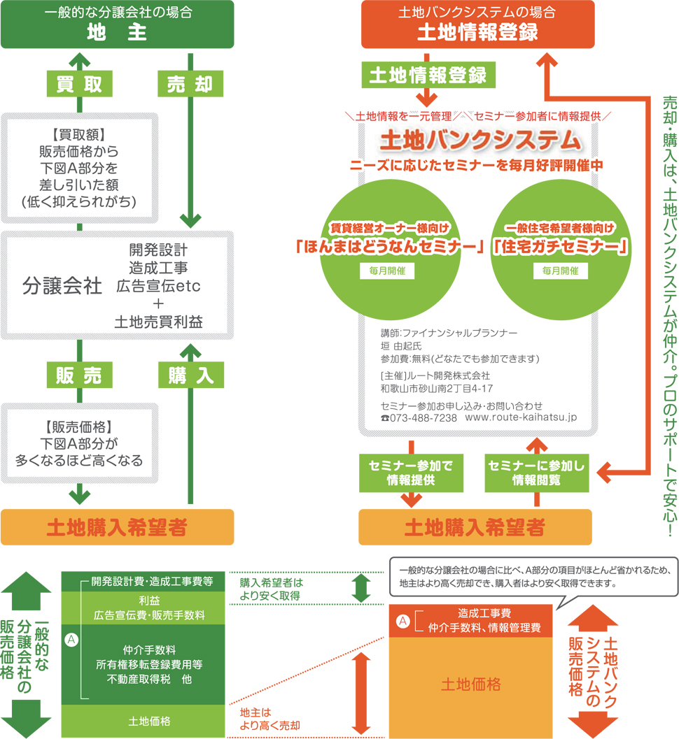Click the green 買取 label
(79, 85)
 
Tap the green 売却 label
(190, 85)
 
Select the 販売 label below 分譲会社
(79, 376)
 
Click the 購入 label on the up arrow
(190, 376)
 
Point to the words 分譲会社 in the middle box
(62, 286)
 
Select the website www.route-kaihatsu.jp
(520, 417)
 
